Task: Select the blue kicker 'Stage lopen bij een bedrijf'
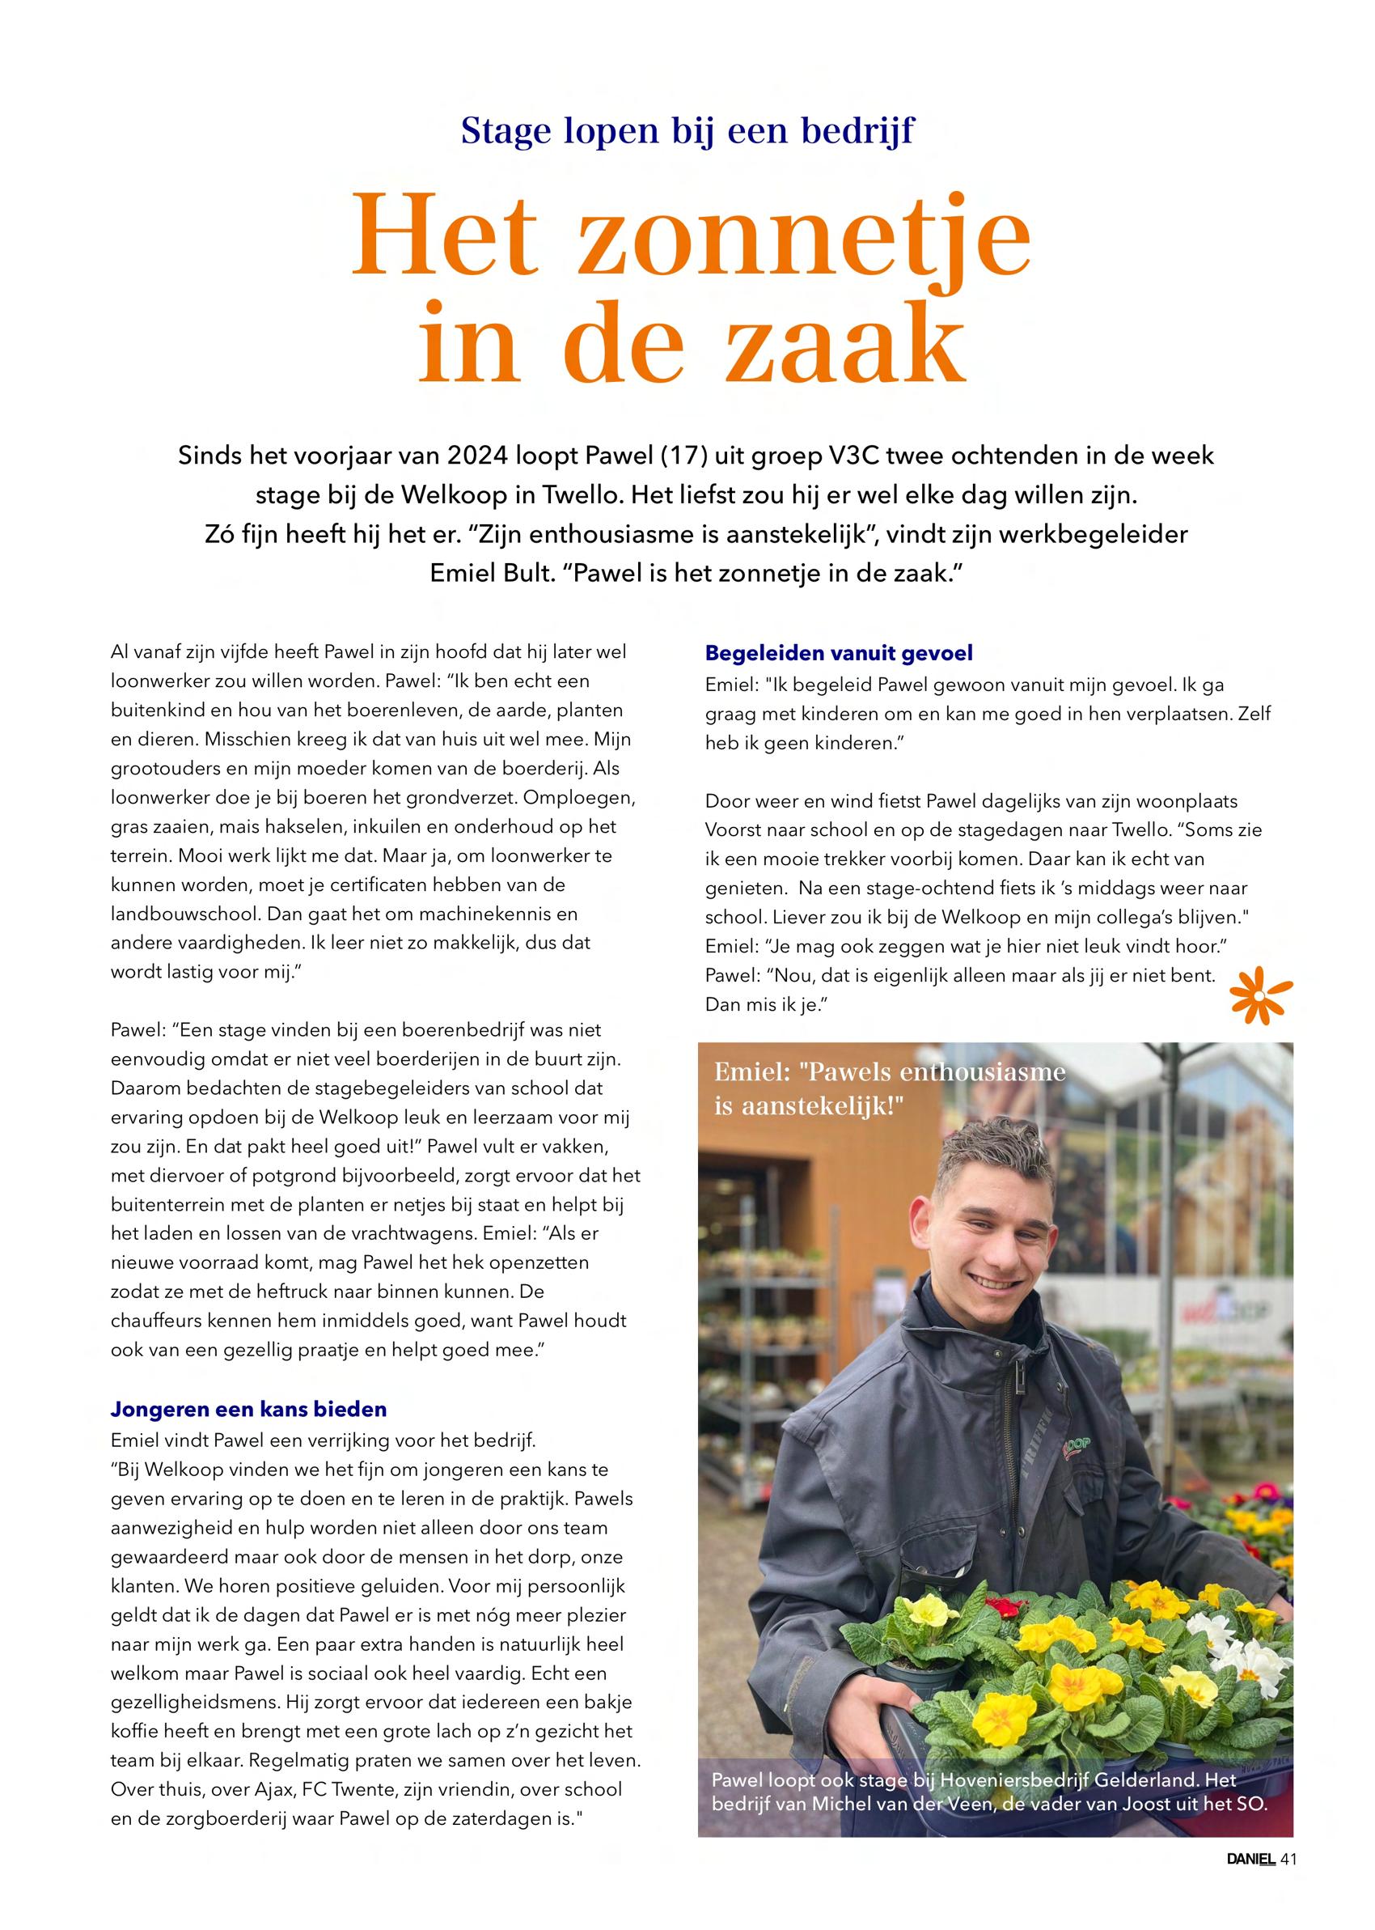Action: point(687,130)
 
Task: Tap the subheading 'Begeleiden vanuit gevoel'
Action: point(838,653)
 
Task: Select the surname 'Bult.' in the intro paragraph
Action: point(527,572)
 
